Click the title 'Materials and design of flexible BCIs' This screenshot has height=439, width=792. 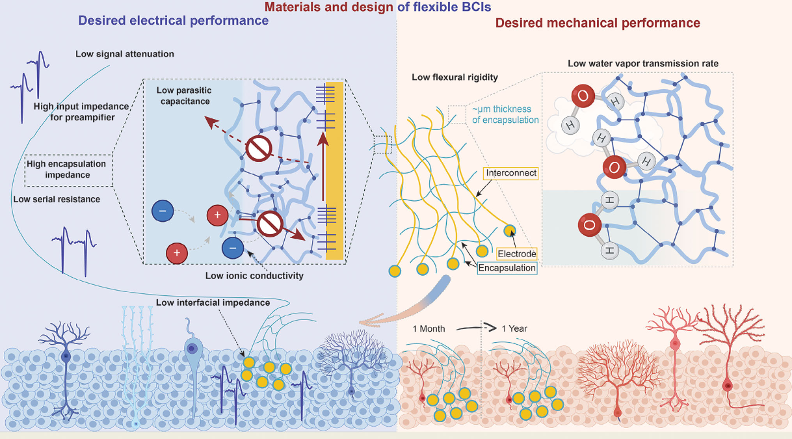coord(397,8)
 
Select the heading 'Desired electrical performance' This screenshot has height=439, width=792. coord(173,21)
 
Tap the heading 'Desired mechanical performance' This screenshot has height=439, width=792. coord(598,23)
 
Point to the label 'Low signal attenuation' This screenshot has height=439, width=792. coord(124,54)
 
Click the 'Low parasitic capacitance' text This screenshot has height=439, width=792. coord(184,96)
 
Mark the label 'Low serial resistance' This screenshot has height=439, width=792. coord(57,199)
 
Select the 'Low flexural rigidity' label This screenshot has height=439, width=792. coord(455,77)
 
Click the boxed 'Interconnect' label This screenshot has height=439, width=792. coord(510,174)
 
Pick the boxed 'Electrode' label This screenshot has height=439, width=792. coord(516,253)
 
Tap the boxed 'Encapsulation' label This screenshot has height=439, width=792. coord(507,268)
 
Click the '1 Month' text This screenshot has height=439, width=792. coord(429,328)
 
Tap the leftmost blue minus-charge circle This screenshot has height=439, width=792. coord(162,213)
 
